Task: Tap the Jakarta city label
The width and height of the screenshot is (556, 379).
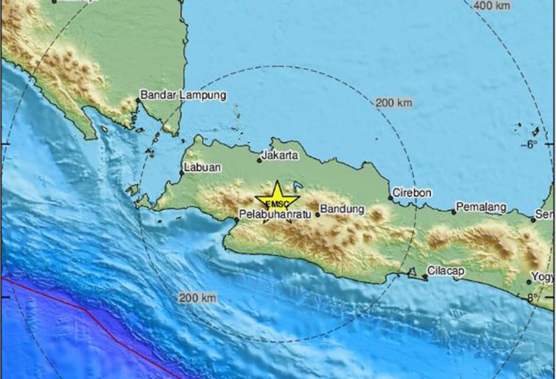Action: pyautogui.click(x=279, y=156)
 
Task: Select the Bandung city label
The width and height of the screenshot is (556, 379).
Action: pyautogui.click(x=342, y=209)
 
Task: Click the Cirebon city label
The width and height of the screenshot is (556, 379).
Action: pyautogui.click(x=412, y=193)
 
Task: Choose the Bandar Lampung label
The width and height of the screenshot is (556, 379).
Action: pyautogui.click(x=183, y=95)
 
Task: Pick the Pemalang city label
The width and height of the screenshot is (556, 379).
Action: pyautogui.click(x=481, y=207)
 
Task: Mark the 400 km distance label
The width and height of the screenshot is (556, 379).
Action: pyautogui.click(x=493, y=6)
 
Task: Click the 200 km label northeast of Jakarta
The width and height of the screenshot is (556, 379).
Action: pyautogui.click(x=393, y=103)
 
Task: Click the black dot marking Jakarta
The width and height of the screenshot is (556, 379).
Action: pyautogui.click(x=259, y=161)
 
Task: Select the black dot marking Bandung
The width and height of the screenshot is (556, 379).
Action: pyautogui.click(x=318, y=215)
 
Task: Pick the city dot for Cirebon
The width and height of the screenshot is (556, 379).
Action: pyautogui.click(x=391, y=198)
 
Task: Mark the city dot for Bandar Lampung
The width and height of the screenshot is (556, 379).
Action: pyautogui.click(x=138, y=100)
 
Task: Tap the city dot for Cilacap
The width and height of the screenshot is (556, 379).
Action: pyautogui.click(x=425, y=277)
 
